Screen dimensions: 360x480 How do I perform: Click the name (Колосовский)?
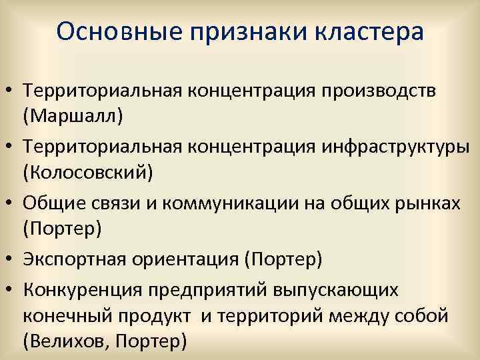[88, 173]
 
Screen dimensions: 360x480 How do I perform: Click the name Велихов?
[65, 343]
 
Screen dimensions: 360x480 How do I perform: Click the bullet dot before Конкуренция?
[11, 289]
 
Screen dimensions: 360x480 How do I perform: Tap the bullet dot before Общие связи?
[11, 203]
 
